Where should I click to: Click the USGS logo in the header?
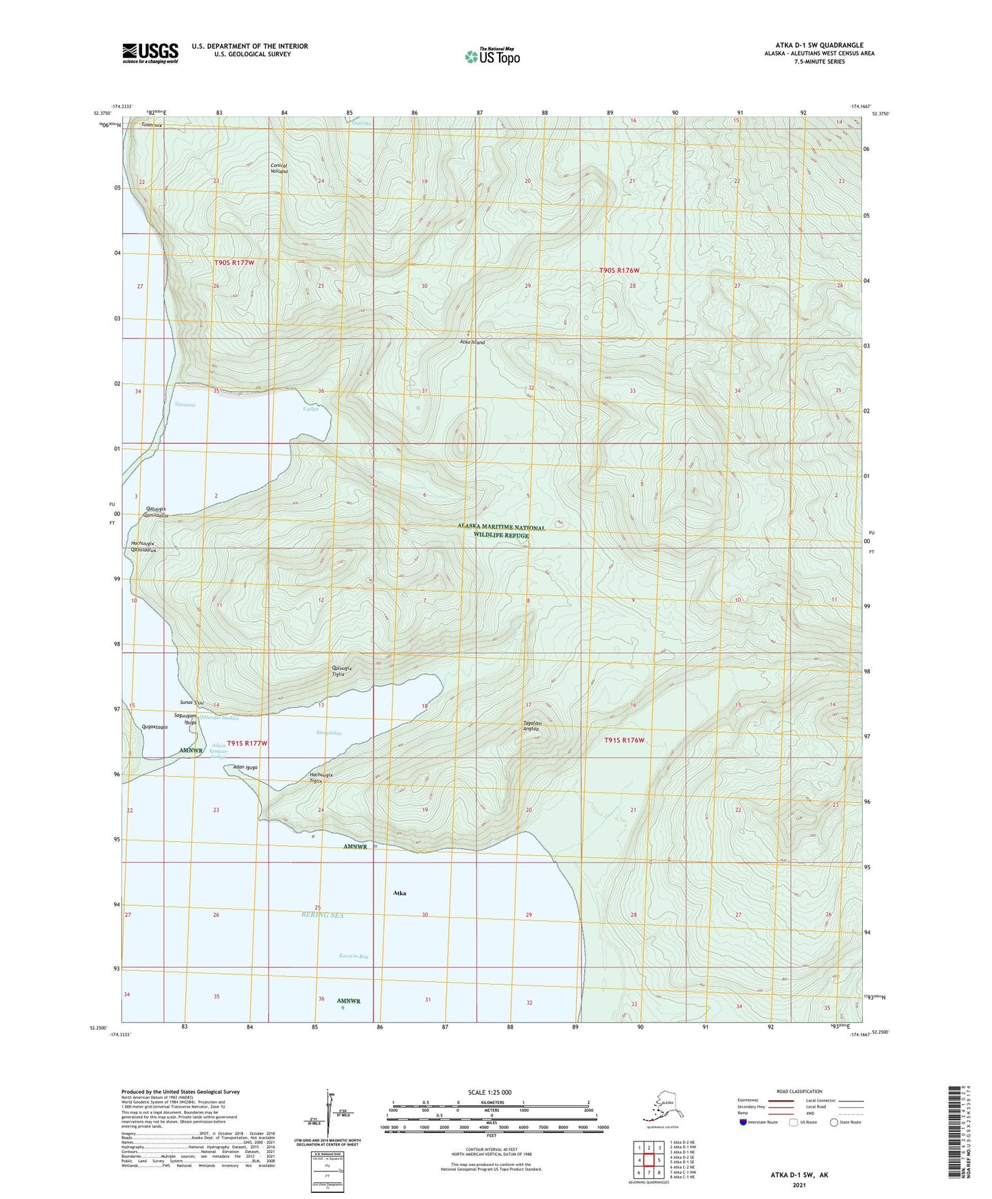click(x=150, y=53)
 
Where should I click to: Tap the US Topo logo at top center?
click(x=492, y=56)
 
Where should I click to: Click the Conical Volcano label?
click(x=279, y=168)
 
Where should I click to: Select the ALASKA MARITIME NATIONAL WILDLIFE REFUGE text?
click(x=501, y=531)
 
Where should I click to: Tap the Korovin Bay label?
click(x=354, y=956)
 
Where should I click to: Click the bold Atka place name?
click(x=400, y=893)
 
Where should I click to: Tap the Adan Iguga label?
click(x=245, y=767)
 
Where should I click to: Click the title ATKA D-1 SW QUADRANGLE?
click(x=809, y=45)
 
